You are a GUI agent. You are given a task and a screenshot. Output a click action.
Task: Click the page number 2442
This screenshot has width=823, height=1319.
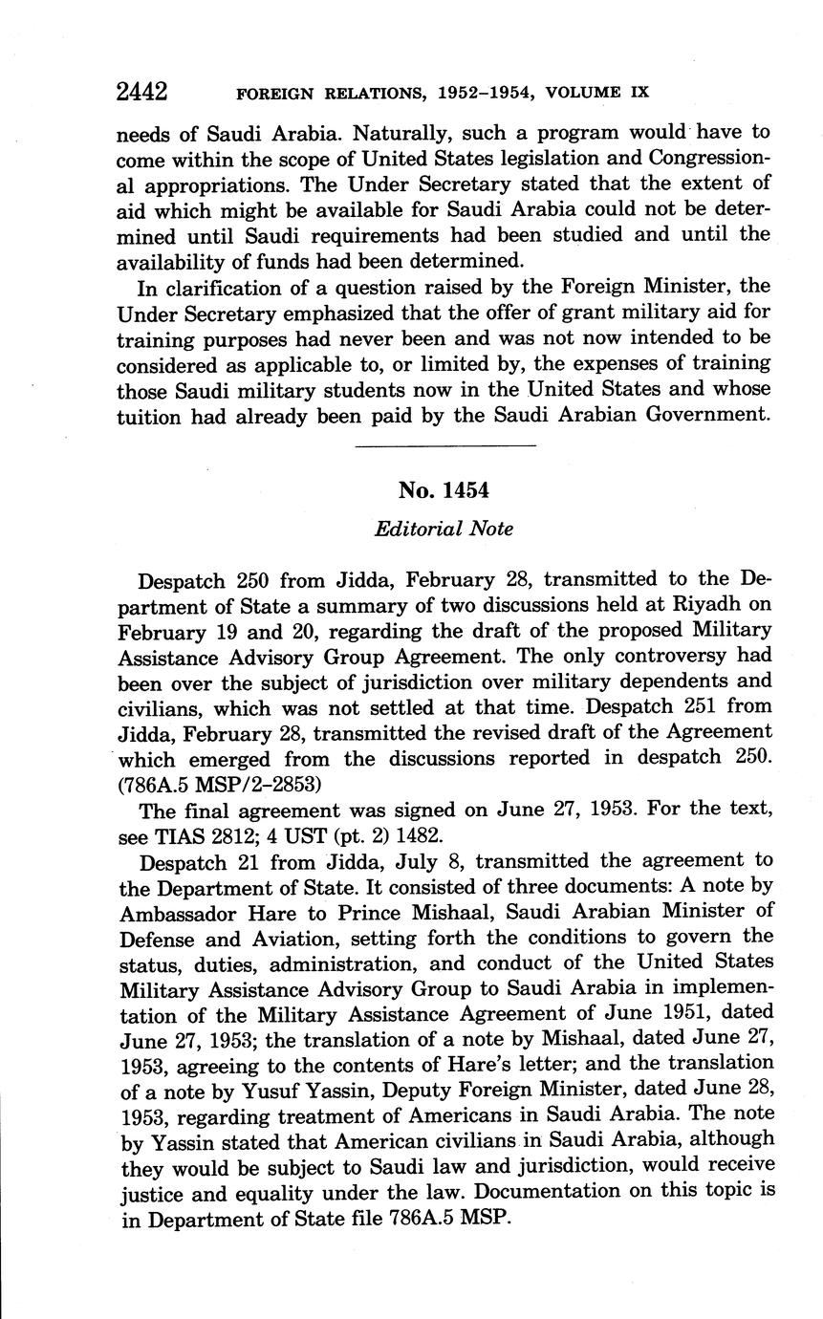pyautogui.click(x=141, y=92)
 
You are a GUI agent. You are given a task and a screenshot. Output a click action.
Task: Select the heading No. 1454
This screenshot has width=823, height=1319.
pyautogui.click(x=444, y=490)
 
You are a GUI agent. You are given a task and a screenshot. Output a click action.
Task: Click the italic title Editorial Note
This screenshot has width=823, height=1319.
pyautogui.click(x=444, y=529)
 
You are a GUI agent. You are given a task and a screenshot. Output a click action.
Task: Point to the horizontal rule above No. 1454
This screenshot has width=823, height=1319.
pyautogui.click(x=444, y=445)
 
